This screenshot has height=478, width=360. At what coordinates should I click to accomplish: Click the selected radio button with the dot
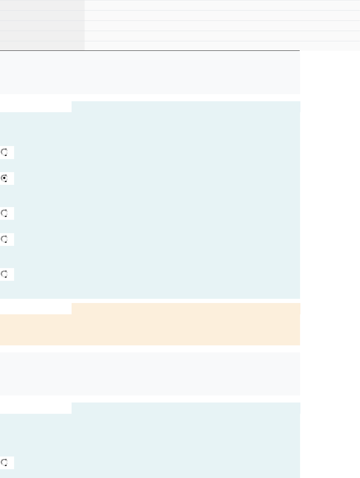coord(5,178)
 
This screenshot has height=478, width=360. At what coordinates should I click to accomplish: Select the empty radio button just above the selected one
coord(5,152)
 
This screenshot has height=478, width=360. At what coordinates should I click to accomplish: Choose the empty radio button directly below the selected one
coord(5,213)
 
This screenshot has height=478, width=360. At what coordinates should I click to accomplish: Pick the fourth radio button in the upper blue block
coord(5,239)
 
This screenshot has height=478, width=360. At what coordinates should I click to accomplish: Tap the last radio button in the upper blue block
coord(5,274)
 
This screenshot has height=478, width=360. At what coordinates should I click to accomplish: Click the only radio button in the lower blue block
coord(5,462)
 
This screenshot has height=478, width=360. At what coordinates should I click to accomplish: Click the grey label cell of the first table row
coord(42,5)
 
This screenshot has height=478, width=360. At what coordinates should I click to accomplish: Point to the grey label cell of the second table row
coord(42,16)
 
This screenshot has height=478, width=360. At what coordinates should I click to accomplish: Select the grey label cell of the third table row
coord(42,26)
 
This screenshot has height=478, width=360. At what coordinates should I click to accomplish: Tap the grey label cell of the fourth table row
coord(42,36)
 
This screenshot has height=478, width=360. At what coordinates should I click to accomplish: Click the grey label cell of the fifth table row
coord(42,46)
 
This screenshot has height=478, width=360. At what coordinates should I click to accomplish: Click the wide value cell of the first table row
coord(222,5)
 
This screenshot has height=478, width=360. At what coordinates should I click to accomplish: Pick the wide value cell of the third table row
coord(222,26)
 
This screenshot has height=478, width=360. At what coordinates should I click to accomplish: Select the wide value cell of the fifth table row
coord(222,46)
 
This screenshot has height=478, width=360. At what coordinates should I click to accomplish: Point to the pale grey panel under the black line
coord(150,72)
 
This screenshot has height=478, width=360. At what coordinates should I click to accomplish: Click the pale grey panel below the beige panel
coord(150,374)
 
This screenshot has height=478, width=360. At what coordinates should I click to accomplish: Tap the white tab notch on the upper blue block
coord(36,107)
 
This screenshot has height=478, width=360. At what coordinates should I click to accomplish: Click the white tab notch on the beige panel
coord(36,308)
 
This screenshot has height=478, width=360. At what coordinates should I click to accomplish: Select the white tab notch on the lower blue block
coord(36,408)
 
